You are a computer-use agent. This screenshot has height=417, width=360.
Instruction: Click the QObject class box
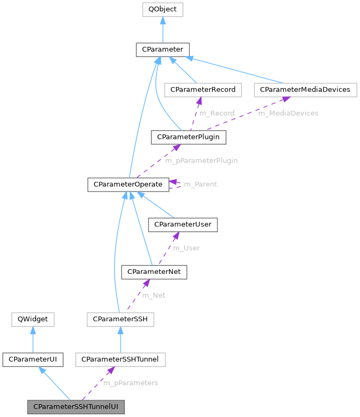click(163, 9)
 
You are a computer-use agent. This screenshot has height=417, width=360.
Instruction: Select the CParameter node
click(162, 50)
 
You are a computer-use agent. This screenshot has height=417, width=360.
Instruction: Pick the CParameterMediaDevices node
click(305, 90)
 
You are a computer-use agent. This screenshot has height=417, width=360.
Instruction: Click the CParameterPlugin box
click(188, 137)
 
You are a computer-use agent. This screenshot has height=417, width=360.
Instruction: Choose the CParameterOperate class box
click(128, 185)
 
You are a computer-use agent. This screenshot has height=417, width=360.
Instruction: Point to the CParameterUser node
click(183, 224)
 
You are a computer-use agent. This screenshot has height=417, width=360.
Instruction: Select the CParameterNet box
click(154, 272)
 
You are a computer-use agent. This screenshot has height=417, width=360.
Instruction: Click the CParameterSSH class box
click(121, 320)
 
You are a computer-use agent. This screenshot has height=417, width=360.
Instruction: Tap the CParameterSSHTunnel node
click(120, 359)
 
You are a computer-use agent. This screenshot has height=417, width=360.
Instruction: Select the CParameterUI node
click(32, 359)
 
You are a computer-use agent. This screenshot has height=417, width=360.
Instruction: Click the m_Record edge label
click(216, 114)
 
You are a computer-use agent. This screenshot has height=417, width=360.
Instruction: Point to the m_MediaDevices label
click(288, 114)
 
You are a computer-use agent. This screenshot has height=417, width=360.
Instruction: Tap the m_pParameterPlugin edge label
click(201, 160)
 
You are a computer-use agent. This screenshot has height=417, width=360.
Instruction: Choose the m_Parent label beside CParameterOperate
click(200, 185)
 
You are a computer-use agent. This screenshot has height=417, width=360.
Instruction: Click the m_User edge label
click(186, 248)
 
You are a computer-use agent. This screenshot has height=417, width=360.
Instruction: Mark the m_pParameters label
click(131, 383)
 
